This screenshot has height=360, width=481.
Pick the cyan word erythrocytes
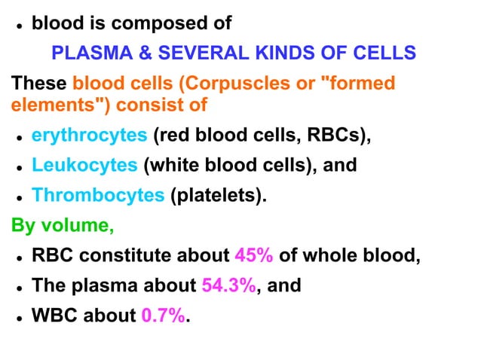[x=89, y=136]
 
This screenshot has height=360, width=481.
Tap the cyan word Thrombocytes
[x=98, y=195]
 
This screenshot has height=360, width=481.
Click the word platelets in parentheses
[x=219, y=195]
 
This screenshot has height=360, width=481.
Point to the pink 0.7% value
[x=162, y=316]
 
